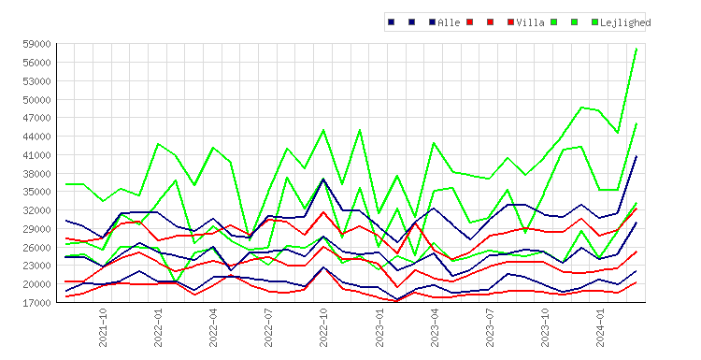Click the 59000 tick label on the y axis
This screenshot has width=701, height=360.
(x=36, y=44)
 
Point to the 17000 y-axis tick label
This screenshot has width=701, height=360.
(x=36, y=303)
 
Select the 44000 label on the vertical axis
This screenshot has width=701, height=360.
(x=36, y=137)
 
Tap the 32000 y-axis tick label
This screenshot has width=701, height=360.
(x=36, y=210)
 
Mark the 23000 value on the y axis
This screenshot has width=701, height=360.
(x=36, y=266)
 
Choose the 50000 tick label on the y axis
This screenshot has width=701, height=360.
(x=36, y=100)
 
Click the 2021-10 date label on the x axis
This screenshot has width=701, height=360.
(x=103, y=327)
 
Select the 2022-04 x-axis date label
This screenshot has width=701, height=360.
(x=213, y=327)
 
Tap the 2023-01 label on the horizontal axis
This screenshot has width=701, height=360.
(x=379, y=327)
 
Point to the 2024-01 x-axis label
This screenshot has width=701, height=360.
(x=600, y=327)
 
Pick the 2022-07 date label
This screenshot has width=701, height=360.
(x=268, y=327)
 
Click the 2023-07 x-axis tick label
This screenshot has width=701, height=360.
(x=490, y=327)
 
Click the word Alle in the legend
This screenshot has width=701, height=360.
(x=449, y=22)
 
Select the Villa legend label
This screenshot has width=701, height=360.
(x=530, y=22)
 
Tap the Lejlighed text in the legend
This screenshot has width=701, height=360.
(x=625, y=22)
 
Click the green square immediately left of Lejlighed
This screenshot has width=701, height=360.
(x=594, y=22)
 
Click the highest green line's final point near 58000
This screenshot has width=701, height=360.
(x=637, y=49)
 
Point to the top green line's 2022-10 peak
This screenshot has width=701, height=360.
(x=323, y=130)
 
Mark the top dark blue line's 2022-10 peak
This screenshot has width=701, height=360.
(x=323, y=180)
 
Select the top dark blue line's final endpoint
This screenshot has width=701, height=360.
(x=637, y=156)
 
